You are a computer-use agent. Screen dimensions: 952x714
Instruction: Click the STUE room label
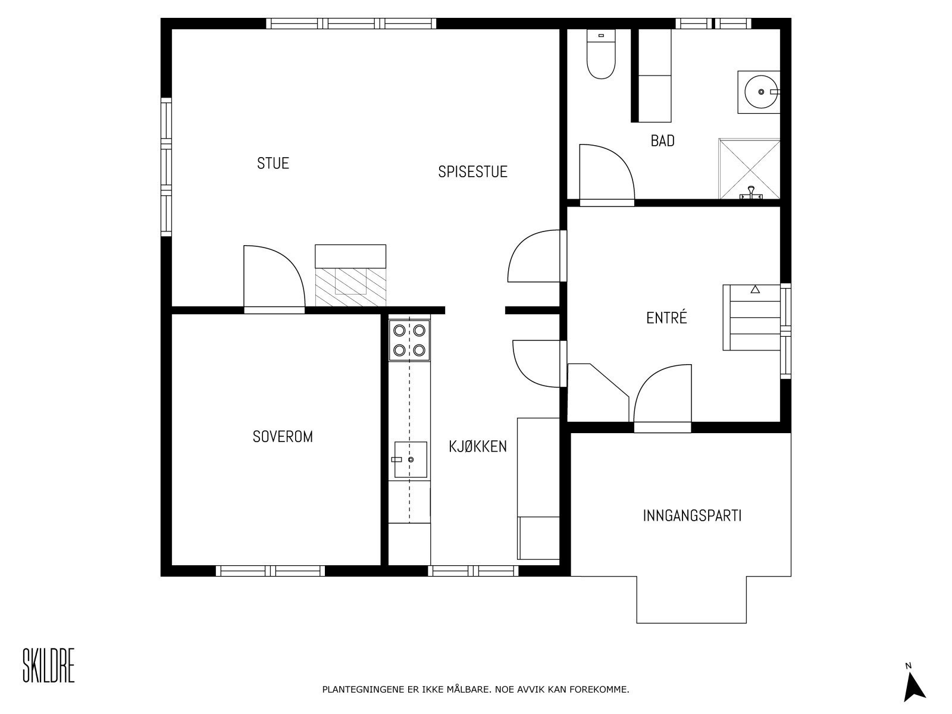tap(273, 163)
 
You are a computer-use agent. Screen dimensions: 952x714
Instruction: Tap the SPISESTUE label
tap(472, 172)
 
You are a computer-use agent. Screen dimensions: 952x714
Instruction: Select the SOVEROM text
tap(283, 437)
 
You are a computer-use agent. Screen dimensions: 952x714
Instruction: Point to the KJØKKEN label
tap(478, 446)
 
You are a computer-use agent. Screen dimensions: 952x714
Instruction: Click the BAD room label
tap(662, 140)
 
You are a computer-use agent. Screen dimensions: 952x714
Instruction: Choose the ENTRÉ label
tap(666, 318)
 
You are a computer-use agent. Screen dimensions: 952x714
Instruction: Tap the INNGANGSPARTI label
tap(692, 515)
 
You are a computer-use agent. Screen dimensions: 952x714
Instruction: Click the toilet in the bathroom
tap(601, 54)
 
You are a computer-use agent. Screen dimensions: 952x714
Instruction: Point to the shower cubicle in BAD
tap(749, 168)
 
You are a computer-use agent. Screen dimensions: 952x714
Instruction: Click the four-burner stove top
tap(409, 340)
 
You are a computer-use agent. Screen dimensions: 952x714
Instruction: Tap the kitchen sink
tap(411, 459)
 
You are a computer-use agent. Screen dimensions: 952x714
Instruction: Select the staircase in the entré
tap(751, 318)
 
